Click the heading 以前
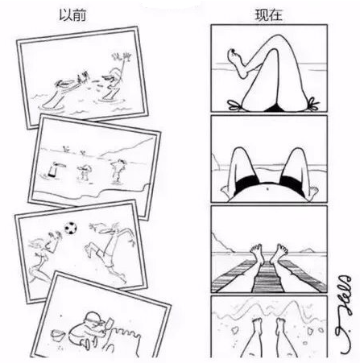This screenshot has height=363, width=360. (72, 14)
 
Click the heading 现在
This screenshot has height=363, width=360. (268, 14)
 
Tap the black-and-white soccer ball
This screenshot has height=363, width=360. (71, 228)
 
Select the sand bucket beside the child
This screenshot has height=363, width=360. (57, 335)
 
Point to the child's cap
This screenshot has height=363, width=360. (93, 317)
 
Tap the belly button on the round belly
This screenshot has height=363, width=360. (267, 189)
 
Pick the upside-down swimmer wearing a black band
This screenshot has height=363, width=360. (54, 169)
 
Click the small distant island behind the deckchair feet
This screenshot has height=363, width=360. (308, 250)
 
